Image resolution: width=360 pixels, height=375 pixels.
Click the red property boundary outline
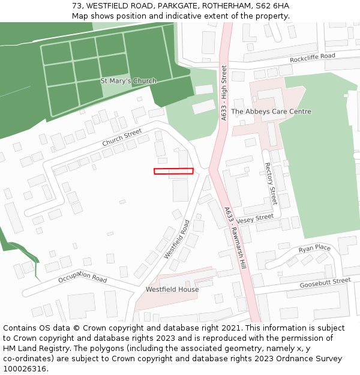173,171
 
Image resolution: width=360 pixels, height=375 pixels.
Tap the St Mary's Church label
128,81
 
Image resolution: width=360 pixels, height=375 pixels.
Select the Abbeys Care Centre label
271,112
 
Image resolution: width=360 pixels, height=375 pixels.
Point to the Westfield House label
172,289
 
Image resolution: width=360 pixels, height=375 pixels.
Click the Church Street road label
122,137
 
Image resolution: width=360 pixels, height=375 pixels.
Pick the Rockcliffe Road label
312,58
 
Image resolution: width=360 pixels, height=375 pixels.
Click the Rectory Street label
271,183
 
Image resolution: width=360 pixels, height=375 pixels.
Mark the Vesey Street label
255,220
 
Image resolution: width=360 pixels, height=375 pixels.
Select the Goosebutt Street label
325,281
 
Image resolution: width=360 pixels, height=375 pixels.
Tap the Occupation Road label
82,278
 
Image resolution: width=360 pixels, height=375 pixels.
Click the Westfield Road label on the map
177,239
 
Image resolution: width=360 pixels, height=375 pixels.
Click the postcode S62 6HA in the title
272,6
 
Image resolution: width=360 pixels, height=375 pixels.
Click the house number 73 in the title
76,6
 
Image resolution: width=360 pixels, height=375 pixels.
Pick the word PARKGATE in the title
176,6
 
